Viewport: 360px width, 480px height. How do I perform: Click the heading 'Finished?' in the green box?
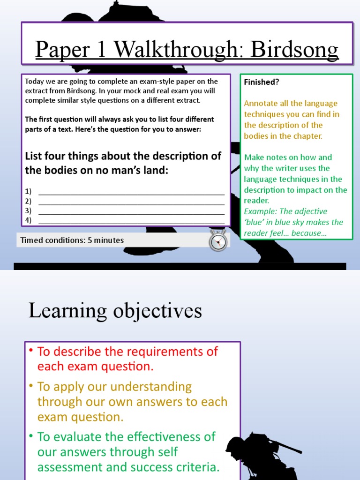tap(262, 82)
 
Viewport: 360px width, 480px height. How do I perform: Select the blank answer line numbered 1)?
tap(131, 193)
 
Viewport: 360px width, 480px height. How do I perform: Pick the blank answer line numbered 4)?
tap(131, 221)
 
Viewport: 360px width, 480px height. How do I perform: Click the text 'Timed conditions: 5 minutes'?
tap(72, 240)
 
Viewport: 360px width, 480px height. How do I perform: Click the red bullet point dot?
tap(31, 351)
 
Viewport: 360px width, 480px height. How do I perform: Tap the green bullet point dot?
tap(31, 436)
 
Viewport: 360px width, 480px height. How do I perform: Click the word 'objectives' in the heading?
tap(157, 310)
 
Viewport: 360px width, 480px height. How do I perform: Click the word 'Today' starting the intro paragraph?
tap(34, 82)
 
